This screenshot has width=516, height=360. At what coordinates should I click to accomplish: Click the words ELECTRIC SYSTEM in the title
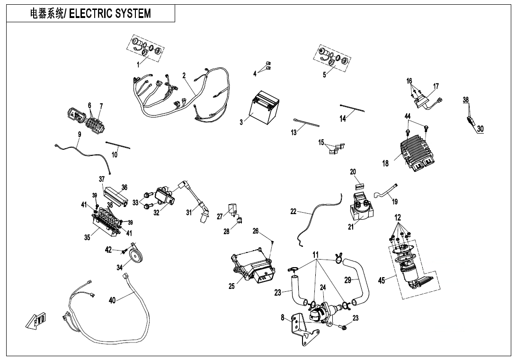point(110,13)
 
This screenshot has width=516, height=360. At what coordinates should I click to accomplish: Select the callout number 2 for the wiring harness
point(184,75)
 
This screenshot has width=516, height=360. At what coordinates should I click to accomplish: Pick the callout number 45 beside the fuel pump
point(382,280)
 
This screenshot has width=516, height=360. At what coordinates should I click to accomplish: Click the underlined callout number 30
point(480,128)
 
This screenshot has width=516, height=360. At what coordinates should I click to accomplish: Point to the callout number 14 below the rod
point(343,118)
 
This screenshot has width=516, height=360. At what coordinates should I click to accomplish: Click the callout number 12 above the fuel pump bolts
point(398,217)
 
